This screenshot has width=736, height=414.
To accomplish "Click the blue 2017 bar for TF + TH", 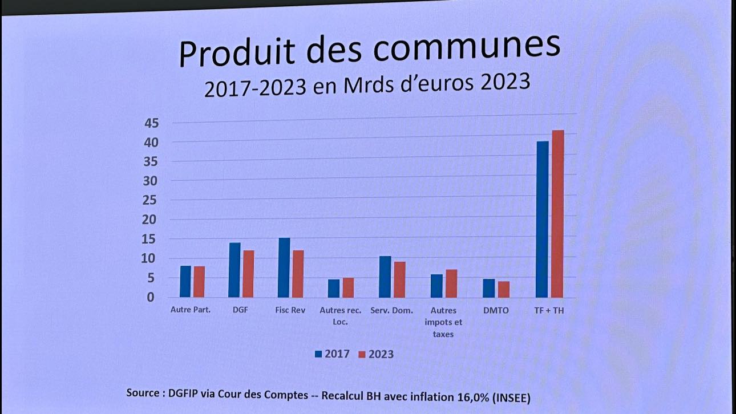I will pyautogui.click(x=542, y=219).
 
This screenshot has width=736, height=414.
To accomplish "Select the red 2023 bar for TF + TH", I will pyautogui.click(x=557, y=214).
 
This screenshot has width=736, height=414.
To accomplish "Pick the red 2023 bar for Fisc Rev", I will pyautogui.click(x=298, y=274).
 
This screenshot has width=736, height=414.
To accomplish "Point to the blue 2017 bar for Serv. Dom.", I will pyautogui.click(x=385, y=277).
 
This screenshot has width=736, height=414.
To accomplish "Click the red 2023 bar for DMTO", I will pyautogui.click(x=503, y=289).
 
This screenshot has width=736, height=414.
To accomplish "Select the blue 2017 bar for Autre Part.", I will pyautogui.click(x=185, y=281).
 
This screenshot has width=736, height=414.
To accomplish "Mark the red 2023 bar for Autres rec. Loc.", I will pyautogui.click(x=348, y=287).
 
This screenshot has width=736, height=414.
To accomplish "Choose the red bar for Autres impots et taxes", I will pyautogui.click(x=451, y=283).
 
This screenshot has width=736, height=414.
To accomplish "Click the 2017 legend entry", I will pyautogui.click(x=331, y=354).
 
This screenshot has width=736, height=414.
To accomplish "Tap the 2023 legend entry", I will pyautogui.click(x=376, y=354).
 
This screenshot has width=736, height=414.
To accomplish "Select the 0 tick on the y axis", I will pyautogui.click(x=151, y=297).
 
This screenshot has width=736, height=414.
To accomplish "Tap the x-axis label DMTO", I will pyautogui.click(x=495, y=311).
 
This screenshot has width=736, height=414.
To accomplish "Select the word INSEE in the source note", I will pyautogui.click(x=517, y=396).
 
